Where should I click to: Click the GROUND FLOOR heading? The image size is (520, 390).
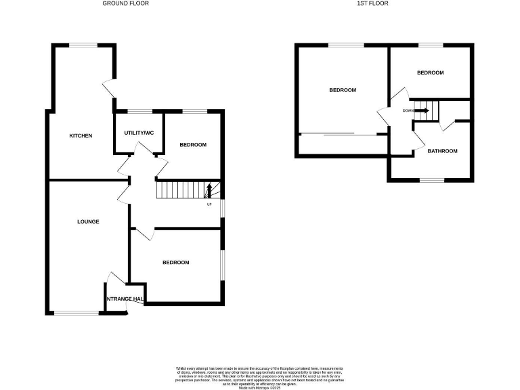pos(125,3)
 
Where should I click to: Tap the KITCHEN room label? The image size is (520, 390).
pos(81,136)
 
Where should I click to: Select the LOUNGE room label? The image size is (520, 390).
pos(88,221)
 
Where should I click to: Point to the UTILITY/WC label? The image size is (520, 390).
pos(139,133)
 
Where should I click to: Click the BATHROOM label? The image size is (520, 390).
pos(442,151)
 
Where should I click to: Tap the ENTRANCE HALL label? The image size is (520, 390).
pos(125,299)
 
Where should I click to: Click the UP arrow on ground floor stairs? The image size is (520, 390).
pos(209,190)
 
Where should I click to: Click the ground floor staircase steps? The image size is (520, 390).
pos(181,190)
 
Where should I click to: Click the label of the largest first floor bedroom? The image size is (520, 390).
pos(343,90)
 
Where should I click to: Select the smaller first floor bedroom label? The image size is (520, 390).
pos(430,72)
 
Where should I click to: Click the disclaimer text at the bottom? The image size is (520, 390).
pos(259,375)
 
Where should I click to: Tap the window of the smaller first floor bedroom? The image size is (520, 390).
pos(430,45)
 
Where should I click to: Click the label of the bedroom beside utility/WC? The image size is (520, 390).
pos(192,145)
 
